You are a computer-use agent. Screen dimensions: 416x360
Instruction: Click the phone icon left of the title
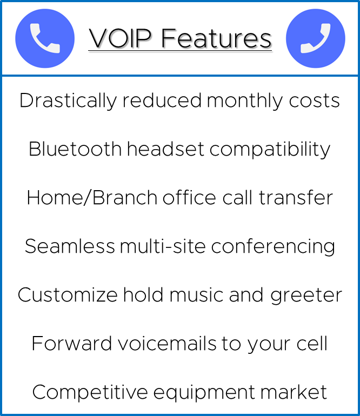(45, 38)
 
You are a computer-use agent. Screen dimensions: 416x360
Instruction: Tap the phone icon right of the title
(315, 38)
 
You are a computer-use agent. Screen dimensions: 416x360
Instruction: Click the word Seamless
(70, 246)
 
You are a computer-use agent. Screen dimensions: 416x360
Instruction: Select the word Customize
(67, 295)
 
